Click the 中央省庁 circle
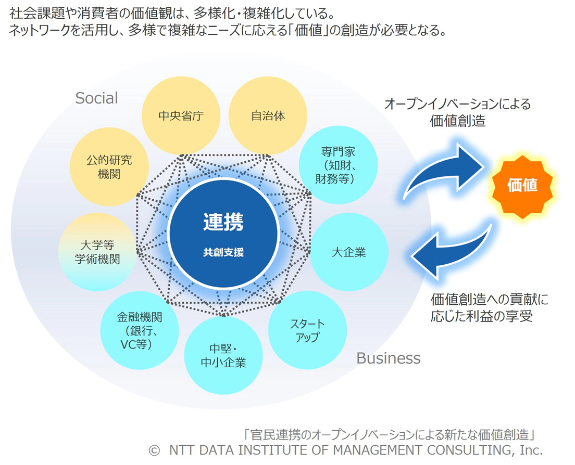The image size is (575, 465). (181, 115)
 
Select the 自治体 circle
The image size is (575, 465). (268, 115)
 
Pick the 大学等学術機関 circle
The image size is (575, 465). (97, 252)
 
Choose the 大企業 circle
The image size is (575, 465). (349, 253)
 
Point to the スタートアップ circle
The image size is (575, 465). (307, 330)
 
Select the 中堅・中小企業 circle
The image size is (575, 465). (223, 355)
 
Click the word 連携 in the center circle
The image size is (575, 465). (223, 222)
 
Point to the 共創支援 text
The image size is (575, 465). (223, 253)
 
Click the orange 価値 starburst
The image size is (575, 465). (522, 185)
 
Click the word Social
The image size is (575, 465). (97, 98)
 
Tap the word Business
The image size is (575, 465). (388, 358)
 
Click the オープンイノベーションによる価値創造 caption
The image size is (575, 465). (457, 112)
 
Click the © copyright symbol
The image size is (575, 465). (154, 450)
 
